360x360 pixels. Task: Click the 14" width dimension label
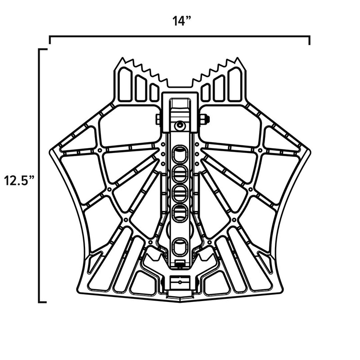click(x=180, y=21)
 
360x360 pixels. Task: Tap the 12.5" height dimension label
click(x=18, y=181)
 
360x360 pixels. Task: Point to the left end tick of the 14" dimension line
click(x=49, y=40)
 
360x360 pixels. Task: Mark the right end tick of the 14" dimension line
click(x=310, y=40)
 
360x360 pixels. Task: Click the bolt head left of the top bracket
click(x=158, y=119)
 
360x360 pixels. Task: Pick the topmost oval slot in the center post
click(x=180, y=153)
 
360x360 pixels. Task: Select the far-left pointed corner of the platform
click(x=48, y=153)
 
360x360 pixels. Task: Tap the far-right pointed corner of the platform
click(x=311, y=153)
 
